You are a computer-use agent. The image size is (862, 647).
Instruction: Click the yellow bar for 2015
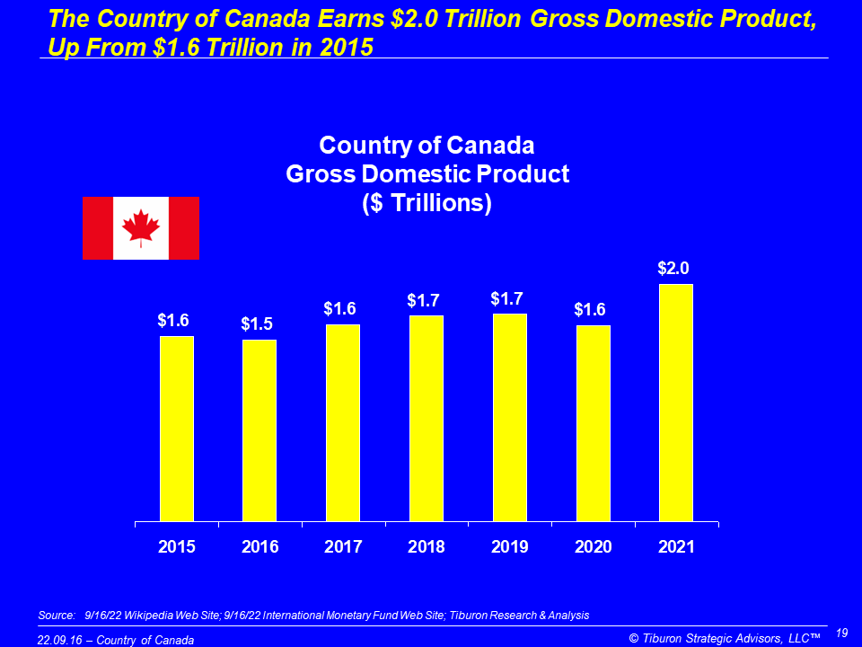coord(177,429)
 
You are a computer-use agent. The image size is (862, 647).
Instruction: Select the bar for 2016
coord(259,430)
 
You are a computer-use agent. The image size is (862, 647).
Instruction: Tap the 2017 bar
coord(343,422)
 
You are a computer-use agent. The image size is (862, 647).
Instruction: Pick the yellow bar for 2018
coord(427,418)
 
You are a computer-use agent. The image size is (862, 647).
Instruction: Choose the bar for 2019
coord(510,417)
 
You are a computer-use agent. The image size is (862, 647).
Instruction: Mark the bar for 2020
coord(593,423)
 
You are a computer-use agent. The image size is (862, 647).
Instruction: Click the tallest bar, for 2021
coord(676,403)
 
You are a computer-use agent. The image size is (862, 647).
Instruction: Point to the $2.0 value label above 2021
coord(676,268)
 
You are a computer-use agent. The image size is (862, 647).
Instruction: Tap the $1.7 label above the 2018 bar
coord(425,299)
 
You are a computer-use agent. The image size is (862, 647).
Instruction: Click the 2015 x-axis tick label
coord(177,547)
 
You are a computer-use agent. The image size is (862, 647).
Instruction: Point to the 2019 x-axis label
coord(510,547)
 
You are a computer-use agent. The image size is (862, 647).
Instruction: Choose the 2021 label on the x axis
coord(676,547)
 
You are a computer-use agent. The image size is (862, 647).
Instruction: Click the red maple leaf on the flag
coord(140,227)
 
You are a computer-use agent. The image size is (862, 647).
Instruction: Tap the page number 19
coord(842,633)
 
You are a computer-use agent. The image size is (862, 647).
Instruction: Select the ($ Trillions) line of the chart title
coord(427,202)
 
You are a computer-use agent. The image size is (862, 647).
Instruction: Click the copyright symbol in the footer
coord(634,638)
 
